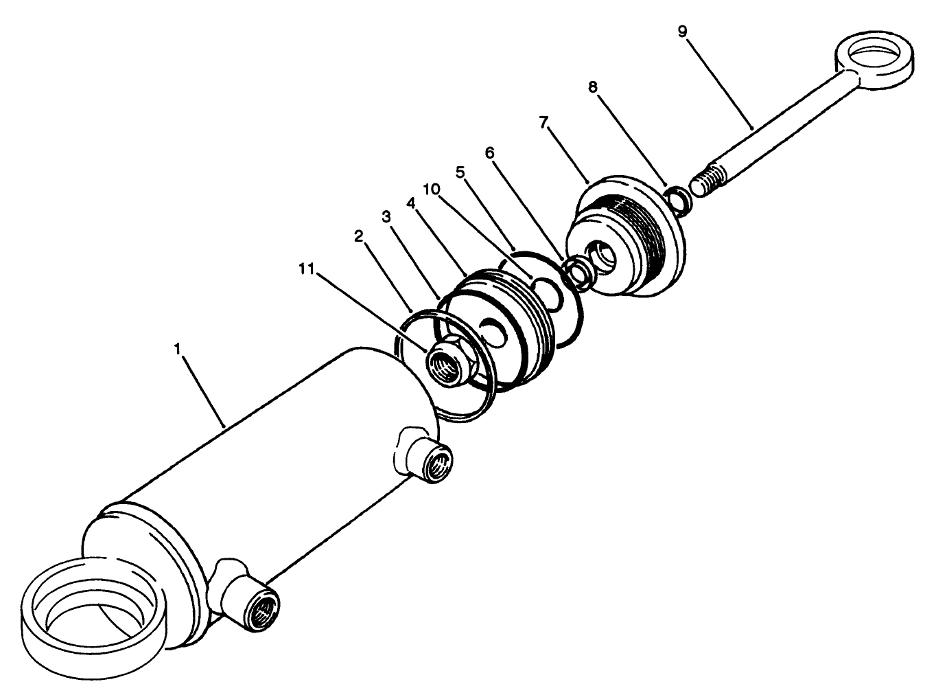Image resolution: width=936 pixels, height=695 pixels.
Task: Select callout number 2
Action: (358, 236)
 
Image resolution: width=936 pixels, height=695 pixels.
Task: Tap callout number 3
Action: (386, 217)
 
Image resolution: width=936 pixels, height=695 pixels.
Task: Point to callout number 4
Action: (410, 203)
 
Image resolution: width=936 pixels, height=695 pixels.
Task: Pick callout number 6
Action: (489, 152)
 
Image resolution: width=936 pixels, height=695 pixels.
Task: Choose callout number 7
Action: (543, 122)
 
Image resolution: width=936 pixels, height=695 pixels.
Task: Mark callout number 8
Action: (592, 87)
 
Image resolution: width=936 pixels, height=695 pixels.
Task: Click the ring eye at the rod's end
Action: (876, 59)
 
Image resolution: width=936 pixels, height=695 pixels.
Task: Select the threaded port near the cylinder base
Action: (264, 606)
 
